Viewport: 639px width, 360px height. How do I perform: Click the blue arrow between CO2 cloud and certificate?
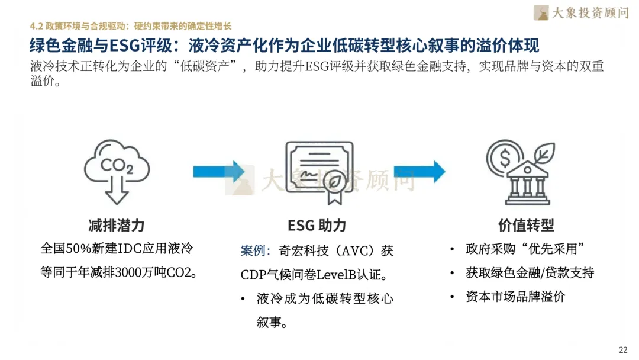[x=218, y=172]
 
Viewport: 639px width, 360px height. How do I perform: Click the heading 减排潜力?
[x=117, y=226]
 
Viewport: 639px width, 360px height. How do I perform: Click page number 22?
[x=622, y=349]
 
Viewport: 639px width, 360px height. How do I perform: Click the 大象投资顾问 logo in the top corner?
[x=580, y=12]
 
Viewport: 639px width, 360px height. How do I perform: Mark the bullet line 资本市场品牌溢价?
[x=515, y=297]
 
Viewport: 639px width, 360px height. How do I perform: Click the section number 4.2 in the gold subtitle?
[x=36, y=26]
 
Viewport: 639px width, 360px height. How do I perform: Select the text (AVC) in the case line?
[x=357, y=251]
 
